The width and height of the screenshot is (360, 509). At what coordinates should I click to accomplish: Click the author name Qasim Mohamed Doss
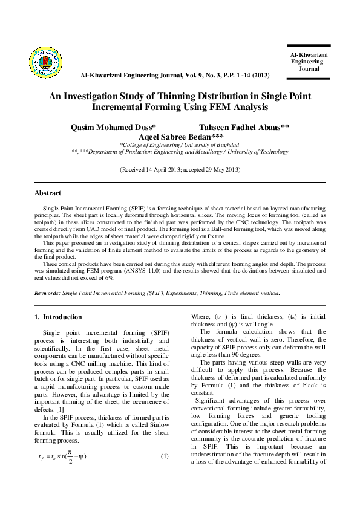[x=114, y=128]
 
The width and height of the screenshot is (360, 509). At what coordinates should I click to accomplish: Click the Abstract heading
[x=48, y=193]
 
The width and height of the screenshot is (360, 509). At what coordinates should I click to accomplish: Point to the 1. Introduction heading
[x=58, y=317]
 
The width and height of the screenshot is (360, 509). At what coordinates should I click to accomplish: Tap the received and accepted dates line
[x=180, y=170]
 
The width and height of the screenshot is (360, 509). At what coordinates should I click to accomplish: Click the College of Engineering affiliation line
[x=179, y=145]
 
